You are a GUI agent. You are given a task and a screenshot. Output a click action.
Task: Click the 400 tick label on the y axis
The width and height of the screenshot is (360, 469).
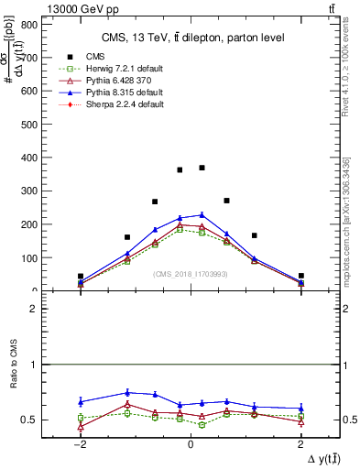(29, 158)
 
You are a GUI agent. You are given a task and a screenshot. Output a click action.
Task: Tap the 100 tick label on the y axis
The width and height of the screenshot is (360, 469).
(29, 257)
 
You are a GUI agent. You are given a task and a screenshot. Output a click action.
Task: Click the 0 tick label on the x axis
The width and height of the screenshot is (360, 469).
(191, 444)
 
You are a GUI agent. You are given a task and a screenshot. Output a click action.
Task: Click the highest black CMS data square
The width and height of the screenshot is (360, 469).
(202, 168)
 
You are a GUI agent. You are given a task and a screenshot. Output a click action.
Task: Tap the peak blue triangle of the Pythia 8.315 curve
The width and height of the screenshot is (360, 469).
(202, 214)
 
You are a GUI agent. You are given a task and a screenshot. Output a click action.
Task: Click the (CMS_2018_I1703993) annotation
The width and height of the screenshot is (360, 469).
(190, 274)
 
